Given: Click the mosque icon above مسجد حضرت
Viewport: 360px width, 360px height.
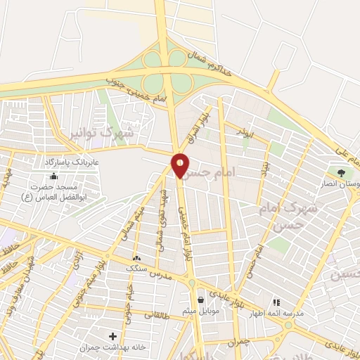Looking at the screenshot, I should click(x=54, y=176).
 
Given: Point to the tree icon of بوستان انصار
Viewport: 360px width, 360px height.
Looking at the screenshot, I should click(x=341, y=171).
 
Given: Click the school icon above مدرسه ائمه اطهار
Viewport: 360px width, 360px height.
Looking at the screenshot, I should click(x=276, y=302).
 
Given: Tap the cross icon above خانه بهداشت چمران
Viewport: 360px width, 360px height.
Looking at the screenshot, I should click(x=112, y=336).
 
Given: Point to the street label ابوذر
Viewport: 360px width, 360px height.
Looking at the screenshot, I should click(x=243, y=131).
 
